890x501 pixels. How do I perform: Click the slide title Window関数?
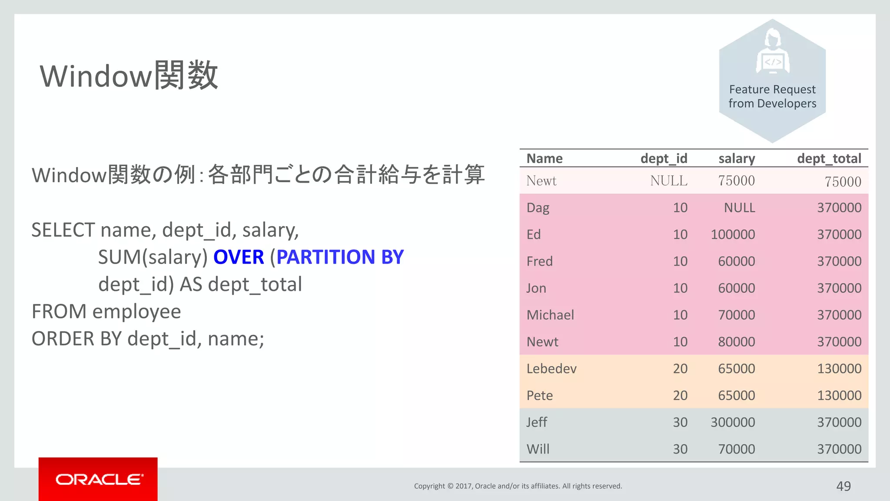(x=129, y=76)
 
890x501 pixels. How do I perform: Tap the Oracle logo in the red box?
(x=99, y=479)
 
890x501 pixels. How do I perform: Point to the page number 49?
(x=843, y=486)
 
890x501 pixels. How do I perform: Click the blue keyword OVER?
(x=239, y=257)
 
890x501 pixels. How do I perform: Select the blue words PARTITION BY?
(x=340, y=257)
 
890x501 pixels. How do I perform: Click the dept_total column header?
(x=829, y=158)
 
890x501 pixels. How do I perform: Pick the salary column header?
(x=736, y=158)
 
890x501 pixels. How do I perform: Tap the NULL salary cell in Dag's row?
(x=739, y=207)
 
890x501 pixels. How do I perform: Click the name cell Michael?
(x=550, y=315)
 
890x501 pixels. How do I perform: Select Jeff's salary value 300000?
(x=732, y=422)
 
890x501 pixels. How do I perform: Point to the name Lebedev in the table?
(x=551, y=369)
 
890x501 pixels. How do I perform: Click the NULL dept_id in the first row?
(x=668, y=180)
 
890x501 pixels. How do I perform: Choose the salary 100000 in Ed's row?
(x=732, y=234)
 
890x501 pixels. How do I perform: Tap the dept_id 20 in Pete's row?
(x=680, y=395)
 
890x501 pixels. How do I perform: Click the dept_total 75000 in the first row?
(x=843, y=181)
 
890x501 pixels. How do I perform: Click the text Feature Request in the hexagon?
(x=772, y=89)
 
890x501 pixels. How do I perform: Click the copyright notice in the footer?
(x=518, y=486)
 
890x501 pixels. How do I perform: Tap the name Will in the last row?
(x=538, y=449)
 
